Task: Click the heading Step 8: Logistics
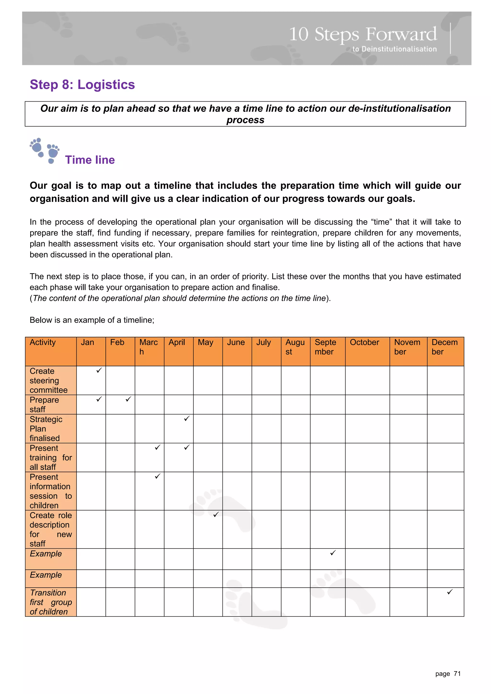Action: pos(82,85)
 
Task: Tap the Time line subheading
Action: pos(90,160)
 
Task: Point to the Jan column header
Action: pos(88,343)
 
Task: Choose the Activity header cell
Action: pos(43,343)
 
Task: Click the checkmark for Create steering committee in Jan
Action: pos(99,370)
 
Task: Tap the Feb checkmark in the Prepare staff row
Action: pos(128,399)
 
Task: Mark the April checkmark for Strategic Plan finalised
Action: pos(187,418)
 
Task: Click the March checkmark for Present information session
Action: pos(157,476)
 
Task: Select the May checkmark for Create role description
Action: pos(216,515)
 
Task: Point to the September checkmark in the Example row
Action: pos(333,552)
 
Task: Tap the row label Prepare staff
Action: pos(44,404)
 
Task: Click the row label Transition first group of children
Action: pos(51,602)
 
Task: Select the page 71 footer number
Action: pos(448,674)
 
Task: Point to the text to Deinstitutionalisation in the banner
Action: pos(394,49)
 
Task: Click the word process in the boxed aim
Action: pos(245,120)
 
